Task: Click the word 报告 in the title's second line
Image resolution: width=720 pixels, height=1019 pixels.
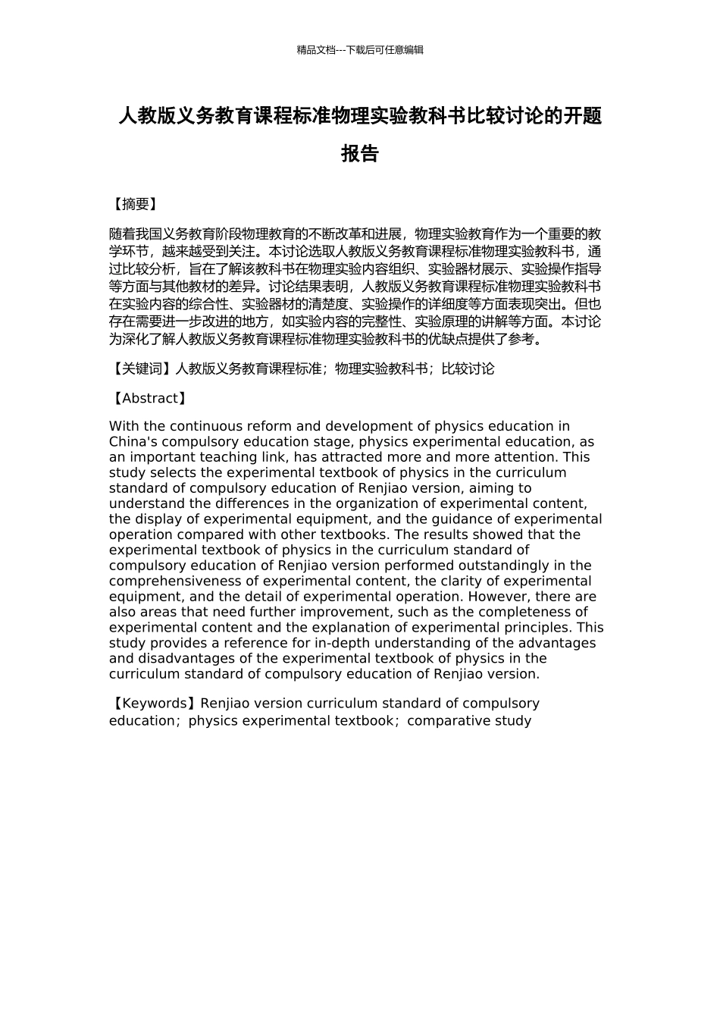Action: pyautogui.click(x=360, y=154)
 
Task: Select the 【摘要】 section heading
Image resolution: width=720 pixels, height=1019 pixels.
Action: pyautogui.click(x=134, y=204)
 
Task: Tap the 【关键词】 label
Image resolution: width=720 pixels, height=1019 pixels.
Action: pyautogui.click(x=141, y=369)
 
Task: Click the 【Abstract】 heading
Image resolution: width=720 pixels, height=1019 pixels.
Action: pyautogui.click(x=149, y=399)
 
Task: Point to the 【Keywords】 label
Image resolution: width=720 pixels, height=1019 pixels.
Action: pyautogui.click(x=154, y=704)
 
